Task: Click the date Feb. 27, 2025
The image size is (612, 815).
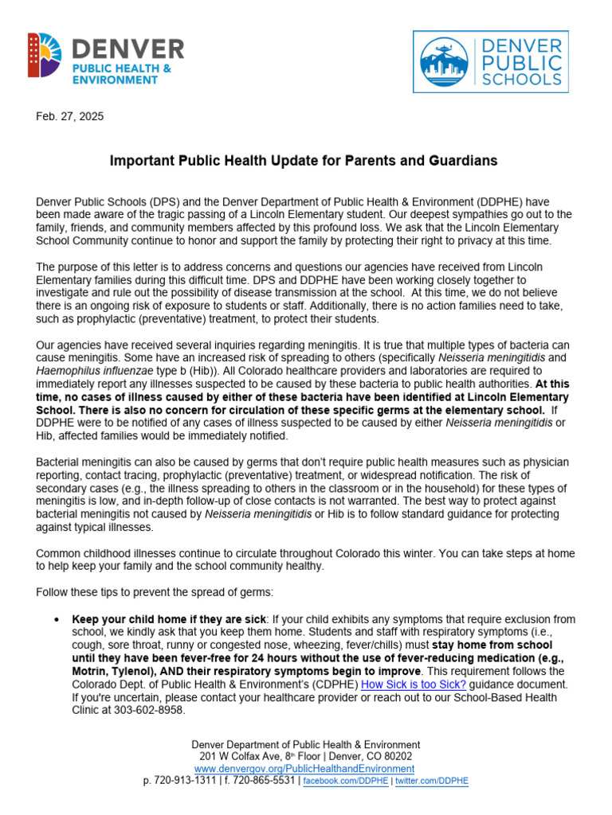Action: (70, 116)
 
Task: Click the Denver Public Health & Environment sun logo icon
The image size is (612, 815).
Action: (45, 55)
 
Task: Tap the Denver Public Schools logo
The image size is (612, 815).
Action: (490, 62)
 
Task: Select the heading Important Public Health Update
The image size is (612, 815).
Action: (303, 161)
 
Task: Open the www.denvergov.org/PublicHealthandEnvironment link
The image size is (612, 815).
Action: (304, 769)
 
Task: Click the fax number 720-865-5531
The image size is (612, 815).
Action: (261, 782)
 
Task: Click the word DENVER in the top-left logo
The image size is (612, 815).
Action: (128, 49)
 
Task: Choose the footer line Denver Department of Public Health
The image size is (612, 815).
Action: (306, 744)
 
